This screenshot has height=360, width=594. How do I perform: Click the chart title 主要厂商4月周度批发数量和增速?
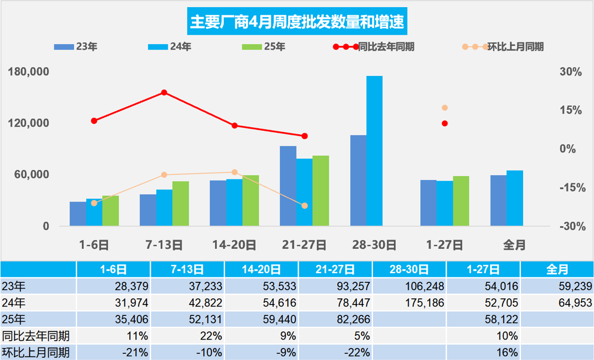pyautogui.click(x=297, y=22)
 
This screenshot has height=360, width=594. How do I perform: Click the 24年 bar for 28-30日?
pyautogui.click(x=375, y=151)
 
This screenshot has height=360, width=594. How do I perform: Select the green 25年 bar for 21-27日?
pyautogui.click(x=321, y=190)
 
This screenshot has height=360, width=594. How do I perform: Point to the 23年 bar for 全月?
pyautogui.click(x=498, y=200)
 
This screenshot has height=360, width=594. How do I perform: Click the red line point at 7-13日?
pyautogui.click(x=164, y=92)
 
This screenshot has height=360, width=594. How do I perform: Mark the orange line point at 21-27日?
pyautogui.click(x=305, y=205)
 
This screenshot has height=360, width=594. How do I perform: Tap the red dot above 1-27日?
pyautogui.click(x=445, y=123)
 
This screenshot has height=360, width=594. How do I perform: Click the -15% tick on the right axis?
pyautogui.click(x=570, y=188)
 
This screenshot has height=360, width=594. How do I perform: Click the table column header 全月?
pyautogui.click(x=557, y=269)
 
